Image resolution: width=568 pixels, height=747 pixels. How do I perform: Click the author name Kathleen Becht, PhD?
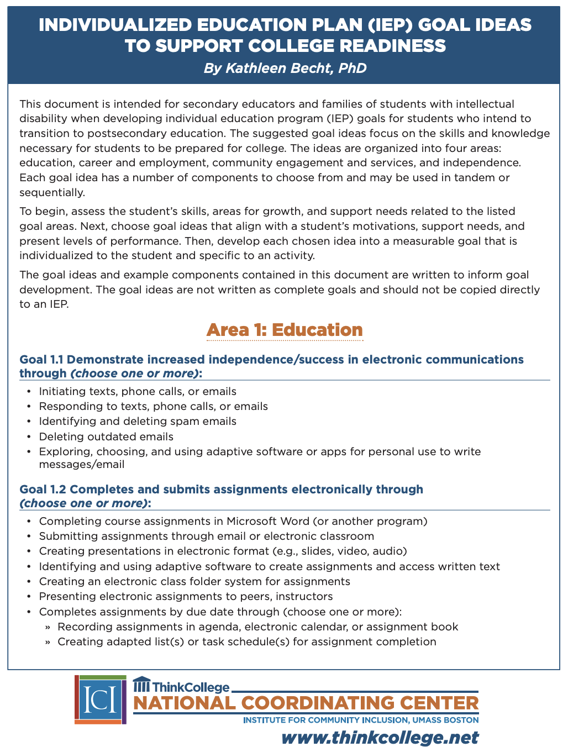pos(285,68)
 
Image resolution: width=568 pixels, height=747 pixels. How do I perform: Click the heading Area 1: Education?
pos(285,330)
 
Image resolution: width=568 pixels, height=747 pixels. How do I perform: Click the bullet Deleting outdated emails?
pos(106,436)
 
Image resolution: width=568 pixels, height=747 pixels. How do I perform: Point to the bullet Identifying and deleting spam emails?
pos(138,422)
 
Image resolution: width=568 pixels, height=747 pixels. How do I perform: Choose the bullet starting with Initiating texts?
pos(138,392)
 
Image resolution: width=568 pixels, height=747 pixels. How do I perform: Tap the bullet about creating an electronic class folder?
pos(194,582)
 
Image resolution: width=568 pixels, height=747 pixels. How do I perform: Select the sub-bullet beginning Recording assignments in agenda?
pos(257,627)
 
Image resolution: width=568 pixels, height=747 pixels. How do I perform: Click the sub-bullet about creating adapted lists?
pos(246,642)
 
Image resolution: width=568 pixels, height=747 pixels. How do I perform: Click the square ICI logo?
pos(101,699)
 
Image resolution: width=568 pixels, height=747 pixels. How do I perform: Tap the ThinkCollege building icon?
pos(141,685)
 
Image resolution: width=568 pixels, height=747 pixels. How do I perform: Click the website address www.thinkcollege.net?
pos(380,738)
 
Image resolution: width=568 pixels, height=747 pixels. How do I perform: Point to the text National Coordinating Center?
pos(306,703)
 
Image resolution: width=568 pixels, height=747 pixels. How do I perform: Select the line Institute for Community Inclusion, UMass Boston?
pos(360,720)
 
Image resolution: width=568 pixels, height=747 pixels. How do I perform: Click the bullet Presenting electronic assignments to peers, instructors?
pos(186,597)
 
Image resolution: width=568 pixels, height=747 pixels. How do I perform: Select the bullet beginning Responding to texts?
pos(153,407)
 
